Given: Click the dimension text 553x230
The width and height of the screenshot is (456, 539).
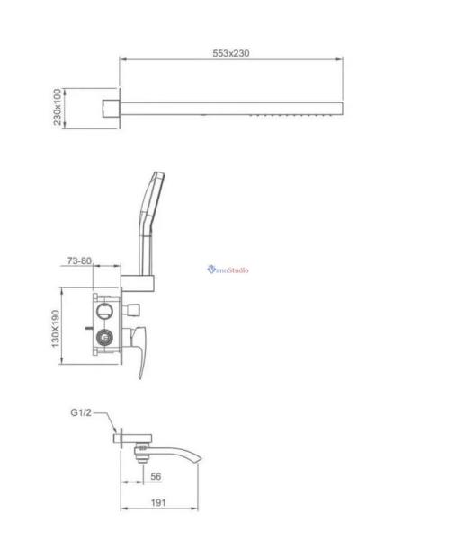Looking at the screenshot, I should (231, 53).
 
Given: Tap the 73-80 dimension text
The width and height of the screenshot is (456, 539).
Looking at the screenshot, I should (79, 261).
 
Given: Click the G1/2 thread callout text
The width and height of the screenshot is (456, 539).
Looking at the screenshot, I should (82, 413).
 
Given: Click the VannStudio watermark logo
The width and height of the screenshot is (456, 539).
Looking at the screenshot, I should (228, 269).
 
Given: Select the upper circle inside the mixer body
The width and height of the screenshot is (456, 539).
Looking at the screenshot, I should (104, 311).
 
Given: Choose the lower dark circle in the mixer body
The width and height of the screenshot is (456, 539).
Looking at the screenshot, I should (104, 339).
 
